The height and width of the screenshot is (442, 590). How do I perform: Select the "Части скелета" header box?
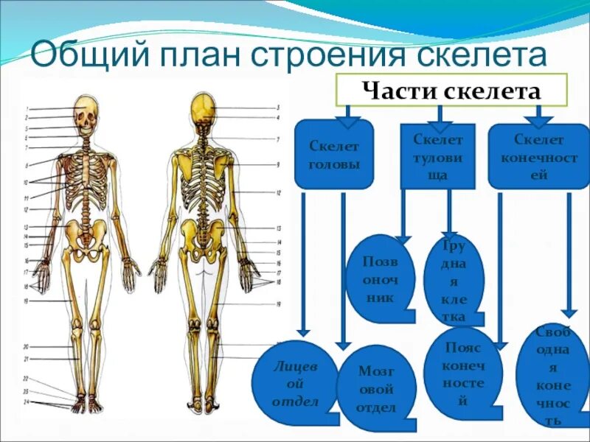coord(451,91)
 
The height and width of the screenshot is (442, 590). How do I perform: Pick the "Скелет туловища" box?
coord(438,157)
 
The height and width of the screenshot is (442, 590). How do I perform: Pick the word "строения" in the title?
coord(324,56)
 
